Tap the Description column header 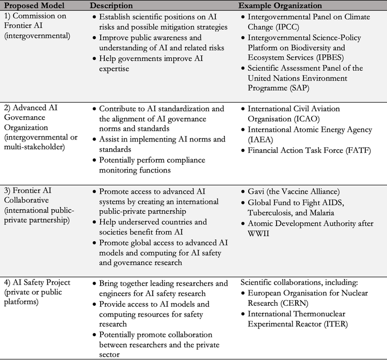click(111, 5)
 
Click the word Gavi click(256, 191)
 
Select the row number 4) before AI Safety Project click(7, 283)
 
